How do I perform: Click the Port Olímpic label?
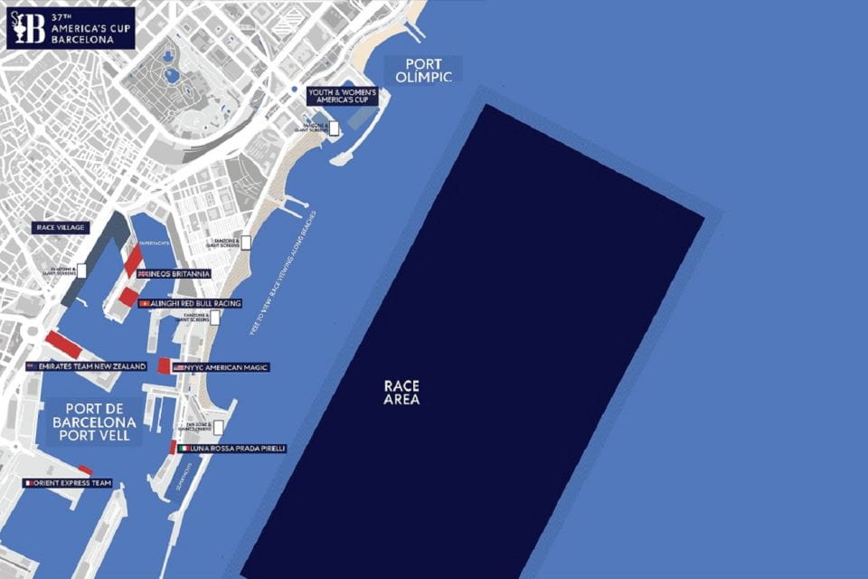pyautogui.click(x=423, y=69)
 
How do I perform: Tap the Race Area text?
pyautogui.click(x=401, y=392)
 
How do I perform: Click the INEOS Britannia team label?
pyautogui.click(x=174, y=273)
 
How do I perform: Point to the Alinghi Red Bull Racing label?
pyautogui.click(x=190, y=303)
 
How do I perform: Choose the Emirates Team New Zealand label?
pyautogui.click(x=86, y=366)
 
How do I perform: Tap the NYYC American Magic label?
pyautogui.click(x=221, y=367)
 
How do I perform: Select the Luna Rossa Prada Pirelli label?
pyautogui.click(x=232, y=448)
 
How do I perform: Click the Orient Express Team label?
pyautogui.click(x=69, y=483)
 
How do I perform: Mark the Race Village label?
pyautogui.click(x=61, y=228)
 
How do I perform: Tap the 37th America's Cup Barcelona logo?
pyautogui.click(x=70, y=27)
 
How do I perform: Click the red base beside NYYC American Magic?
pyautogui.click(x=164, y=365)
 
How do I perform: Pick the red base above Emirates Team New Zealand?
pyautogui.click(x=63, y=344)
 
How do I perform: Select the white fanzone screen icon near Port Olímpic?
pyautogui.click(x=334, y=128)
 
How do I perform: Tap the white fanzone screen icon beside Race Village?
pyautogui.click(x=81, y=270)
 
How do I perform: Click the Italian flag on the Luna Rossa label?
pyautogui.click(x=184, y=448)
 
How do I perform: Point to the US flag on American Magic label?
pyautogui.click(x=179, y=368)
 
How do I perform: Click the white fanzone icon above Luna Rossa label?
pyautogui.click(x=218, y=427)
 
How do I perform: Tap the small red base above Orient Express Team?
pyautogui.click(x=85, y=470)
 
